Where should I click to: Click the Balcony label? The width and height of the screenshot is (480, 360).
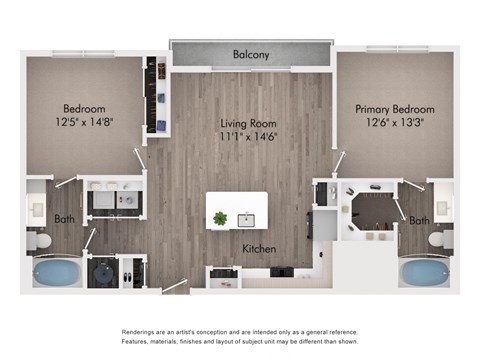pos(251,54)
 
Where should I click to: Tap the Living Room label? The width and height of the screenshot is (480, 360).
pos(248,124)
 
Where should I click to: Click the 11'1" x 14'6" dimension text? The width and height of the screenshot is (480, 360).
pos(248,137)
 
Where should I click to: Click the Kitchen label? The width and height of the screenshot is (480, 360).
pos(258,248)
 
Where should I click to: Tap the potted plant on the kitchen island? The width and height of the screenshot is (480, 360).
pos(220,217)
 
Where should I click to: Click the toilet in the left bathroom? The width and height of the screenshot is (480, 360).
pos(41,241)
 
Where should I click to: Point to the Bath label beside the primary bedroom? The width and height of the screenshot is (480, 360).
pos(419,220)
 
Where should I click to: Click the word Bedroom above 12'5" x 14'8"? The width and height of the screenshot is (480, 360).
pos(85,108)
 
